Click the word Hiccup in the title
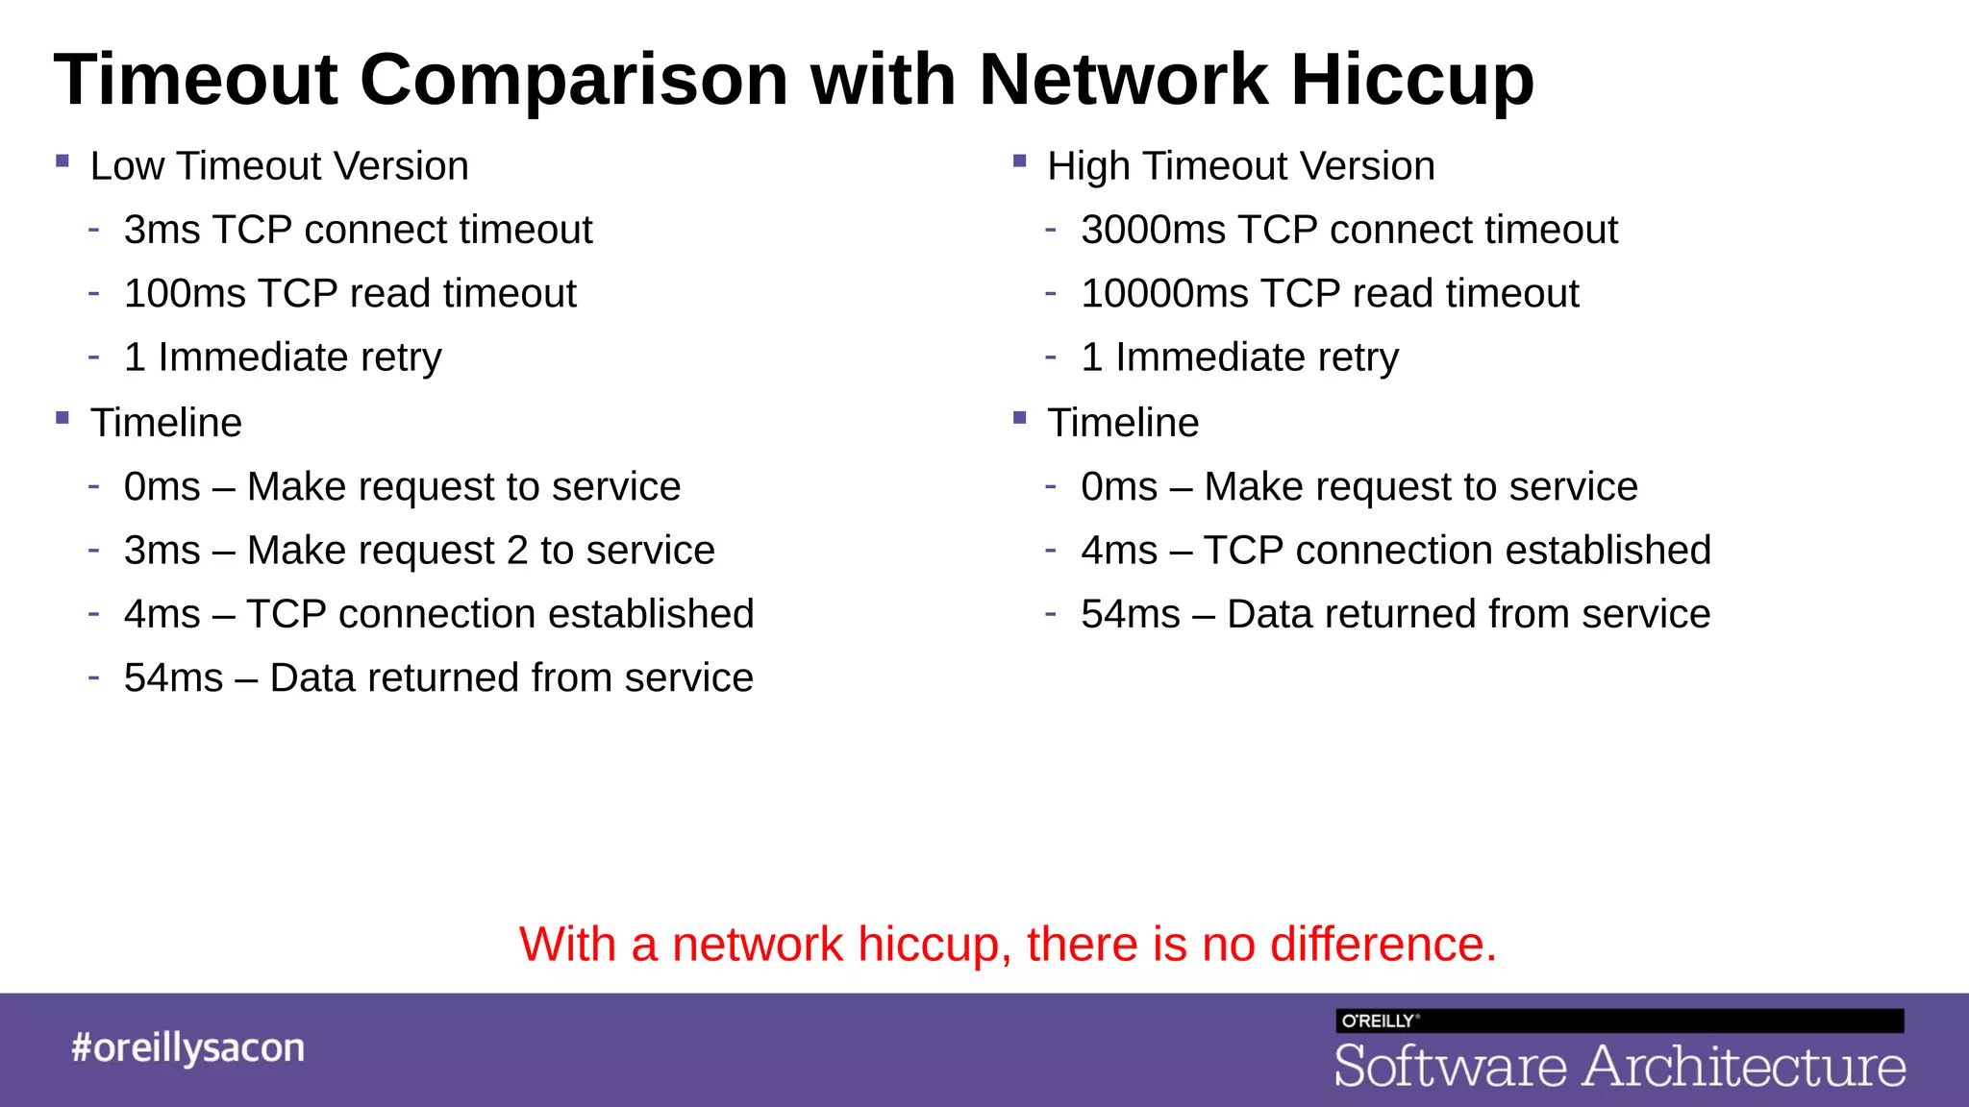[x=1411, y=81]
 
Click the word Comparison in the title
[x=574, y=81]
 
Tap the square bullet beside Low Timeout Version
[x=62, y=161]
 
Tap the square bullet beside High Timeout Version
[x=1020, y=161]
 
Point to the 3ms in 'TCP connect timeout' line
[x=160, y=231]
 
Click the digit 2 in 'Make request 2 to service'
[x=517, y=551]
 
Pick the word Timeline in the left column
[x=165, y=423]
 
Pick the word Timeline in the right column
[x=1123, y=423]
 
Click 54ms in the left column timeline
[x=173, y=678]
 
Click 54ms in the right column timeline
[x=1130, y=614]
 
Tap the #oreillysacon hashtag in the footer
[x=187, y=1047]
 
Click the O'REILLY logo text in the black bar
[x=1378, y=1021]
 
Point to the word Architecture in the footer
[x=1744, y=1067]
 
